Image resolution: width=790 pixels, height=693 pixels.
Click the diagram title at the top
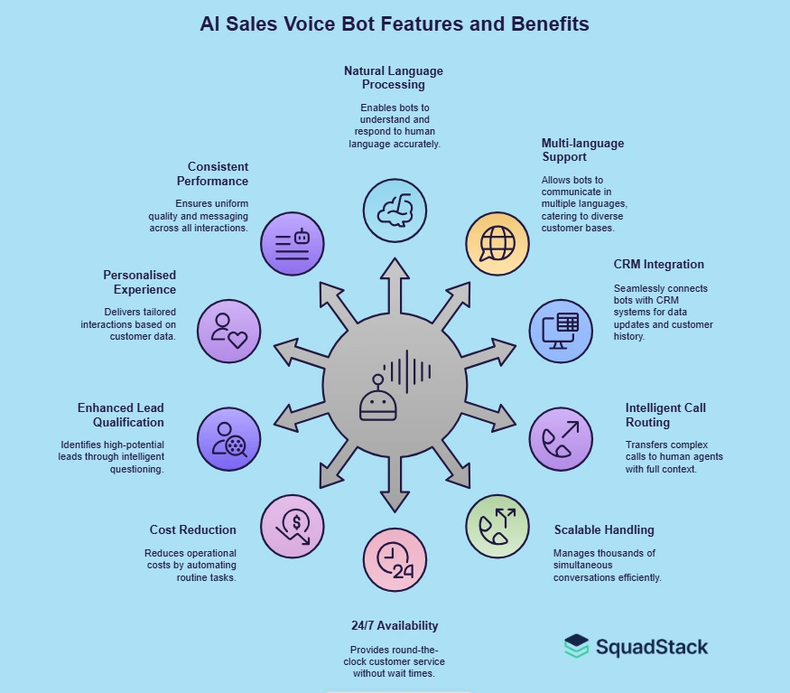click(x=395, y=24)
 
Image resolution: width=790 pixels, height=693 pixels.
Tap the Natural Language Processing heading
click(x=394, y=78)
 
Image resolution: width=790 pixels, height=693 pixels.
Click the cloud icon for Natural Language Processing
click(x=395, y=210)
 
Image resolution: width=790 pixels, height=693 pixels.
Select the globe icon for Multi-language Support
click(x=497, y=242)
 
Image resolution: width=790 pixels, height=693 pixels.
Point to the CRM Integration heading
click(x=658, y=265)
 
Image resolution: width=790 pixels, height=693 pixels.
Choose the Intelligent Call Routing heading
click(x=666, y=415)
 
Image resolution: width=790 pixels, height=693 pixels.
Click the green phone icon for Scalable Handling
click(x=497, y=526)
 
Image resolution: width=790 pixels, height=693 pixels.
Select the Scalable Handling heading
click(x=604, y=530)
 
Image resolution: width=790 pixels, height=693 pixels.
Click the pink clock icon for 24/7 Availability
click(x=395, y=560)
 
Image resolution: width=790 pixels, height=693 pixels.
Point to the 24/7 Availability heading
click(x=395, y=625)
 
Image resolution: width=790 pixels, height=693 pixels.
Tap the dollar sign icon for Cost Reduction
click(x=292, y=526)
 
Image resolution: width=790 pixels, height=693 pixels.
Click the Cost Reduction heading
click(x=193, y=530)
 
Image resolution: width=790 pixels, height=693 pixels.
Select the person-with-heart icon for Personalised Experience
click(x=228, y=330)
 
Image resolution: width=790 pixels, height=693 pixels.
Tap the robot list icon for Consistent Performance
click(x=292, y=242)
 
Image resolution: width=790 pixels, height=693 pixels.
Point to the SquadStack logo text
click(x=651, y=647)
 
